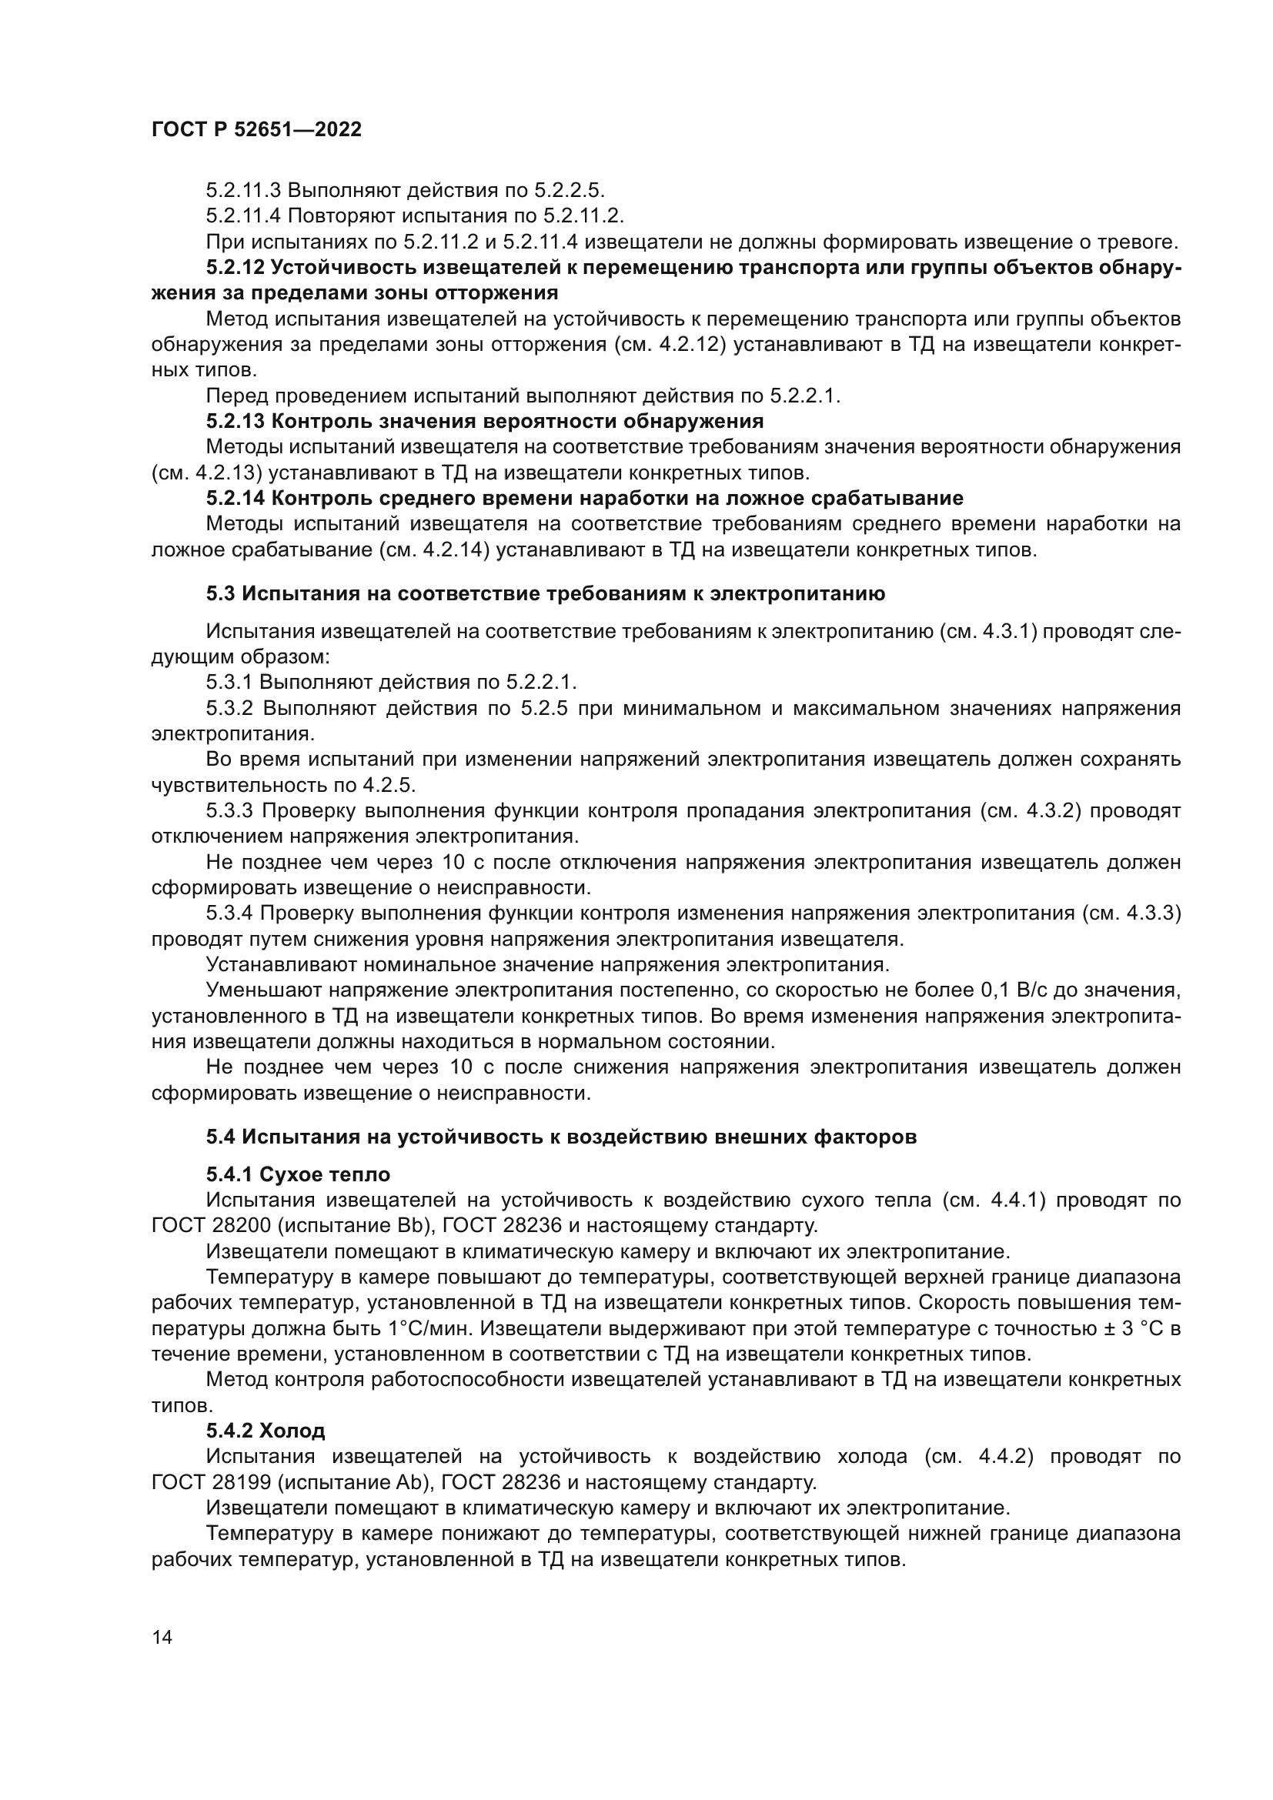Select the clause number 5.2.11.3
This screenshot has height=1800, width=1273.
click(x=244, y=191)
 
